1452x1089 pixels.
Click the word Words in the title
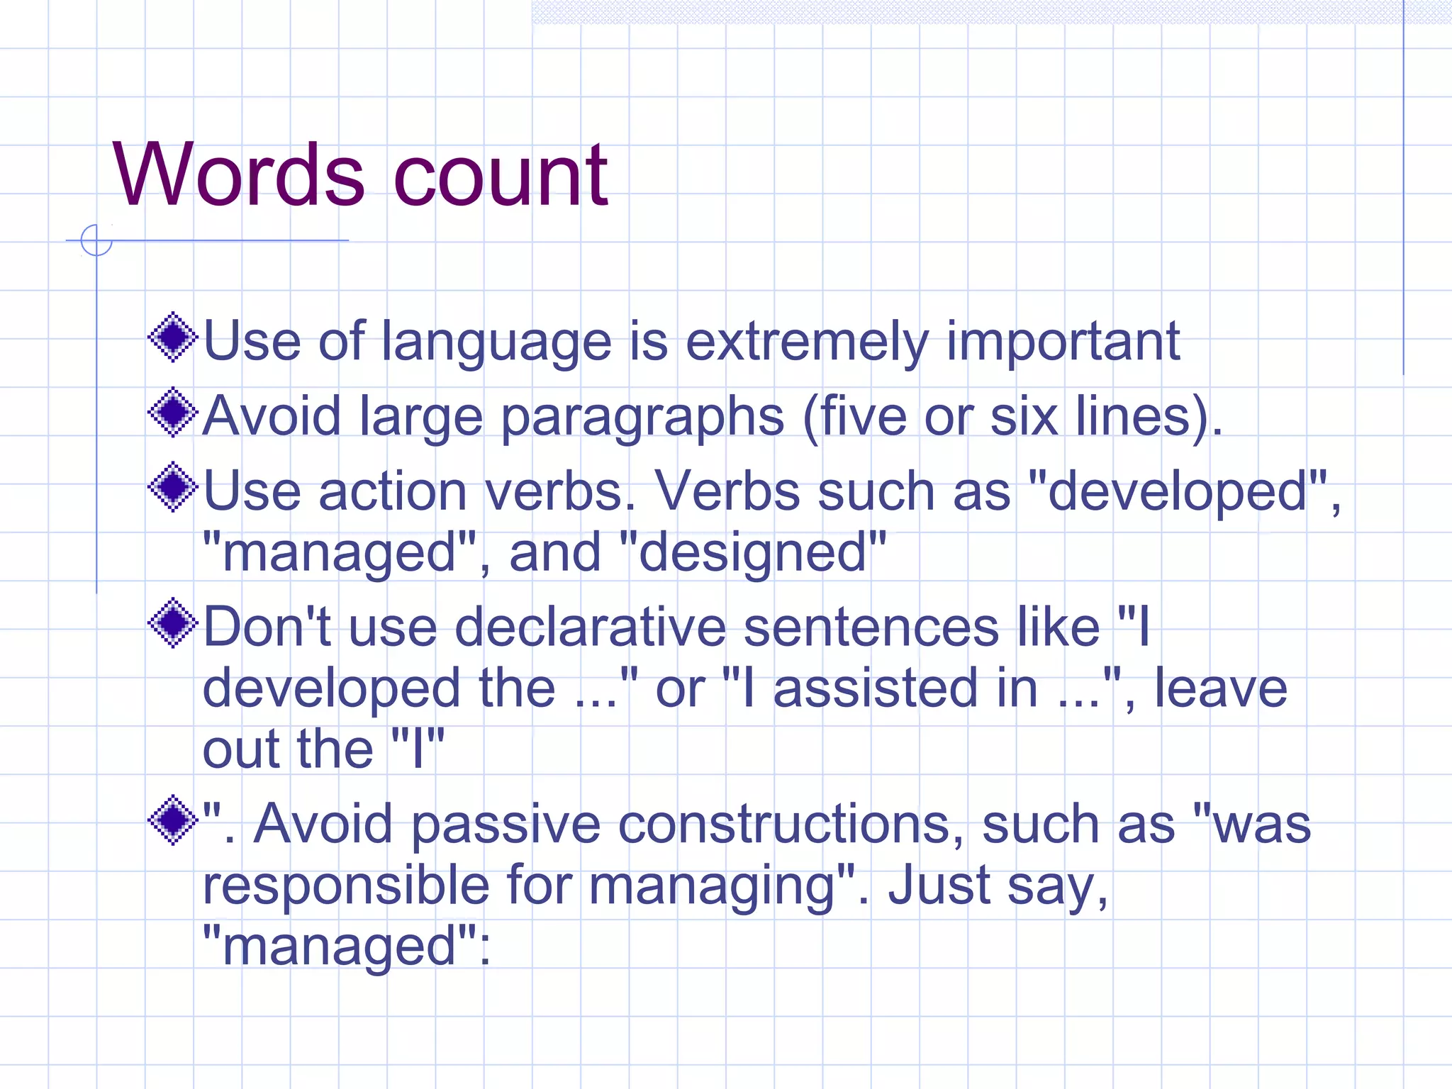[239, 174]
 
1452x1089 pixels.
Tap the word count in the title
[500, 176]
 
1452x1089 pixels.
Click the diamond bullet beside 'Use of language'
[172, 337]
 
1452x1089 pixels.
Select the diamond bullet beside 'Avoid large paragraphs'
[172, 412]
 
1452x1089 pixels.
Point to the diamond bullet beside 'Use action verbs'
[172, 487]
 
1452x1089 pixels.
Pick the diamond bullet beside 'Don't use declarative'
[172, 623]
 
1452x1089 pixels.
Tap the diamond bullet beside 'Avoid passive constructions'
[172, 820]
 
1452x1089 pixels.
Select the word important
[1063, 342]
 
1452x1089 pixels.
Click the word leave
[1220, 688]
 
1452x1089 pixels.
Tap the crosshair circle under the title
[96, 240]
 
